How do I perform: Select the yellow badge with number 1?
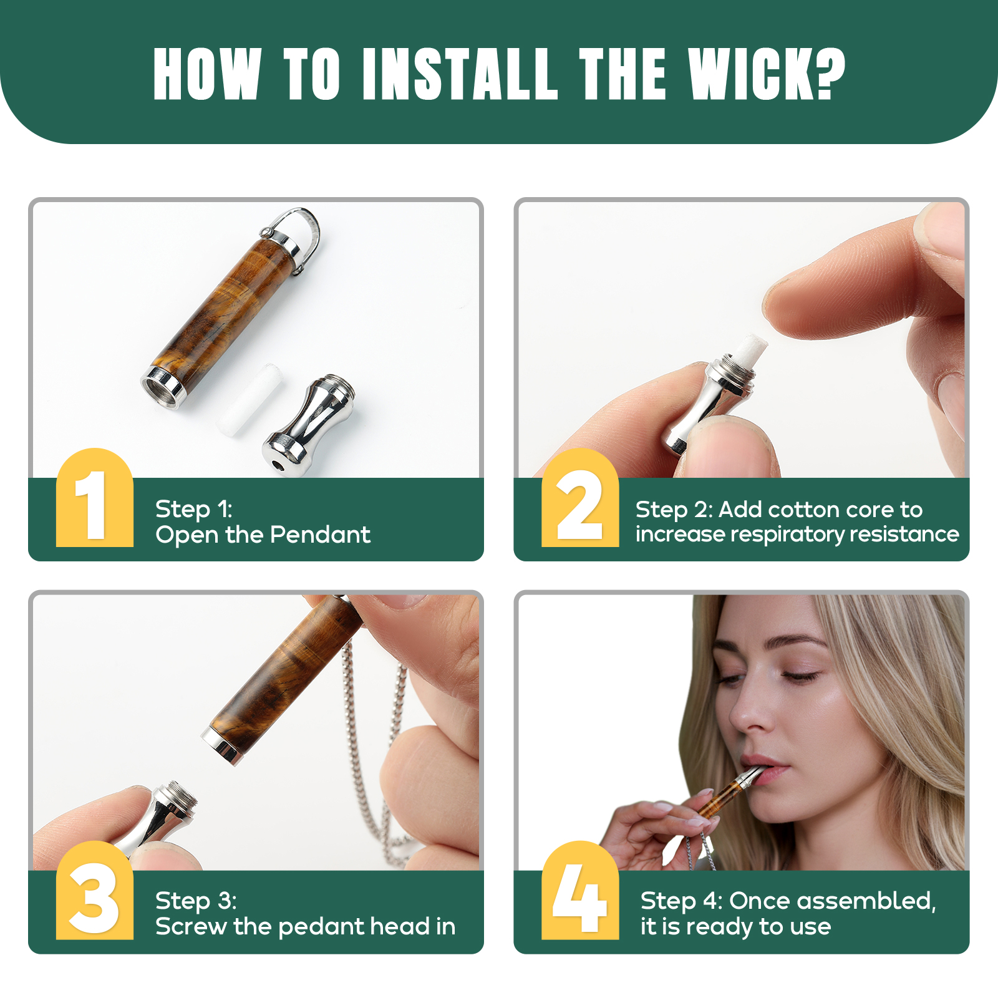pyautogui.click(x=95, y=498)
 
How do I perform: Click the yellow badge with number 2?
pyautogui.click(x=580, y=498)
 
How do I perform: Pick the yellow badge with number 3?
pyautogui.click(x=95, y=890)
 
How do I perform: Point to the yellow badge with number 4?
pyautogui.click(x=580, y=890)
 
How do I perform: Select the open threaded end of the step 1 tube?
pyautogui.click(x=163, y=387)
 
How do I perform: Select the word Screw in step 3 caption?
pyautogui.click(x=191, y=926)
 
